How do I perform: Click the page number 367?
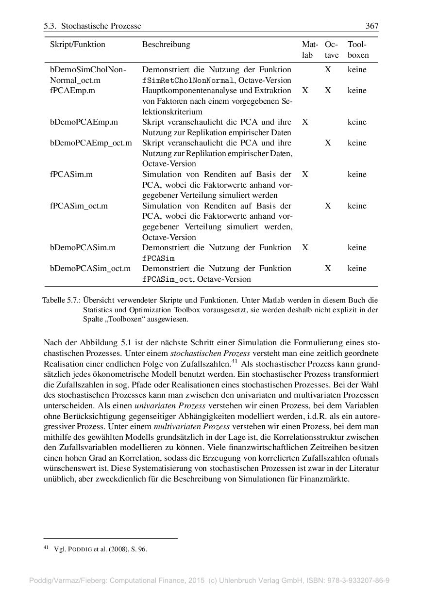point(371,26)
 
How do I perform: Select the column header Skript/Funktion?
point(77,45)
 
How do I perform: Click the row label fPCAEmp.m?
point(72,91)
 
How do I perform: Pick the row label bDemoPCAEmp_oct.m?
point(91,143)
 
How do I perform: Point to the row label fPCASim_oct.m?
point(79,206)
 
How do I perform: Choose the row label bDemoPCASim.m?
point(83,248)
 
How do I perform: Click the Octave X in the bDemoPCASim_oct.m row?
point(328,269)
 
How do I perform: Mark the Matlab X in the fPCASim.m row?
point(305,175)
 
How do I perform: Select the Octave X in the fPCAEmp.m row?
point(328,91)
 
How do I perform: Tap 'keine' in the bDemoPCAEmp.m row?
point(357,122)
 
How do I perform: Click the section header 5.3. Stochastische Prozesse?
point(92,26)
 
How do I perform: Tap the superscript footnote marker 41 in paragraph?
point(234,361)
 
